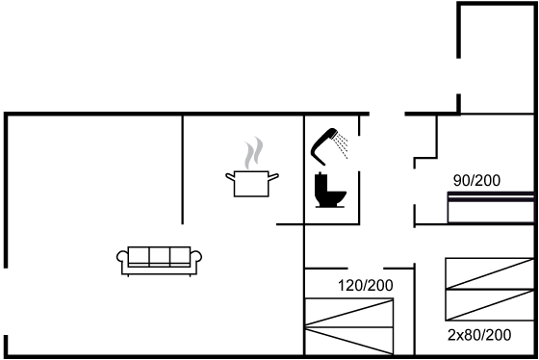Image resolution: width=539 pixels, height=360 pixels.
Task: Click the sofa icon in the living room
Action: [x=159, y=261]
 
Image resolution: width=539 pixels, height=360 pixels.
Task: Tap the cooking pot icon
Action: [x=251, y=184]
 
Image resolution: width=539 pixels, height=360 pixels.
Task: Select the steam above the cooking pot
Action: [x=254, y=153]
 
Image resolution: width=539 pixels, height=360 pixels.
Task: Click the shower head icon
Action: [x=324, y=145]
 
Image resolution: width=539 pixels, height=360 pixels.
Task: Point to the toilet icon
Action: [x=329, y=191]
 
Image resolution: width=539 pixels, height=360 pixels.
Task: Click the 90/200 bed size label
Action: [x=476, y=181]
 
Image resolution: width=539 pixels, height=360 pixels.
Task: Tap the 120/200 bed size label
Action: [x=366, y=285]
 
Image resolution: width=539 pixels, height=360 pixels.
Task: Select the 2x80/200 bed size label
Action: [x=479, y=335]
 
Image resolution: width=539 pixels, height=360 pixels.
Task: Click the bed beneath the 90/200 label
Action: [x=491, y=208]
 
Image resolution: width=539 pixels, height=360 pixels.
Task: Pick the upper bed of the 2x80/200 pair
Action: [x=490, y=273]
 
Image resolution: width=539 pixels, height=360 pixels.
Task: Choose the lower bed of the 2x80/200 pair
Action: [x=490, y=305]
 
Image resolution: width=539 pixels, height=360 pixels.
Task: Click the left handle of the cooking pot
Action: [x=230, y=177]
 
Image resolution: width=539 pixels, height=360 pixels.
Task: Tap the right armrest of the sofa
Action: [x=196, y=257]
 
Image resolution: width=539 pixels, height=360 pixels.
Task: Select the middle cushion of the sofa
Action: [x=160, y=256]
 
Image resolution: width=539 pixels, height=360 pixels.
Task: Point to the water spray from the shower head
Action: [x=342, y=146]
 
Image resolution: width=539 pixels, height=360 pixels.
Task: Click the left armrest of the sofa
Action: [x=122, y=257]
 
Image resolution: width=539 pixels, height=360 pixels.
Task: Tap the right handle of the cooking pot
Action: [x=273, y=177]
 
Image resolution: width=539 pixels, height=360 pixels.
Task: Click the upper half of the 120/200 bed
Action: [x=349, y=313]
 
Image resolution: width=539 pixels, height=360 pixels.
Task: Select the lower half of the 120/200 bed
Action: [x=349, y=341]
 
